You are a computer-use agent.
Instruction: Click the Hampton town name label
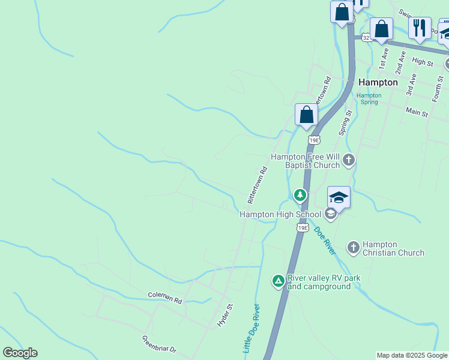tap(378, 82)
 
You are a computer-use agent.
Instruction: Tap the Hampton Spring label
tap(369, 98)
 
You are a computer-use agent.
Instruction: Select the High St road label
tap(423, 62)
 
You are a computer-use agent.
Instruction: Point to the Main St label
tap(417, 112)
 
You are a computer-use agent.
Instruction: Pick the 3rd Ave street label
tap(411, 85)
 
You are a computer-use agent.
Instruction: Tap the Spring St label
tap(344, 122)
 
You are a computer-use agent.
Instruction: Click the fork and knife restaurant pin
tap(420, 27)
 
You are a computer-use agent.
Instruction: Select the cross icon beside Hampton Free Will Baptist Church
tap(349, 160)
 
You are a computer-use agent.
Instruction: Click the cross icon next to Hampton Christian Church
tap(353, 247)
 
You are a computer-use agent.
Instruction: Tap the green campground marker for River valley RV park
tap(278, 280)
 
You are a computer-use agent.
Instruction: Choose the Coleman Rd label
tap(164, 297)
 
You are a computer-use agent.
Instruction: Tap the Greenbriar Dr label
tap(159, 344)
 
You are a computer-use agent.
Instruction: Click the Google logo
tap(20, 353)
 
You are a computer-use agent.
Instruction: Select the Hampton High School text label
tap(280, 214)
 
